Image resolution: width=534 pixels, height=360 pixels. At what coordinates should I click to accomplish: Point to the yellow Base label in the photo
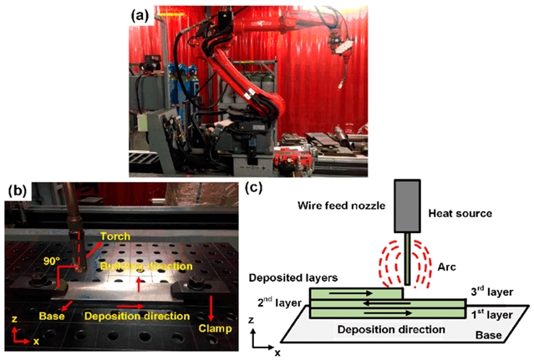tap(52, 317)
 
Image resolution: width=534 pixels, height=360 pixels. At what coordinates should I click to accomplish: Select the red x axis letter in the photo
tap(36, 342)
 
